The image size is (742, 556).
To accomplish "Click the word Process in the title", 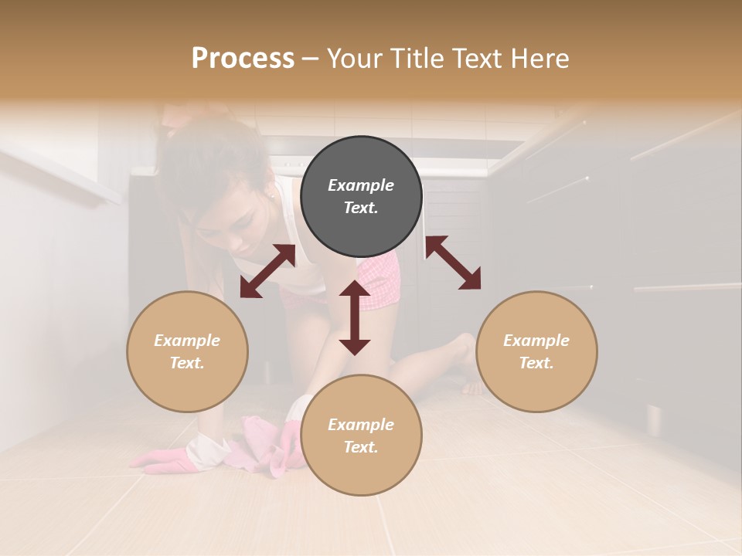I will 243,59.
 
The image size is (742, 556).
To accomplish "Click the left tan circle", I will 187,351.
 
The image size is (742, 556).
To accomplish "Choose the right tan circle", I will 536,351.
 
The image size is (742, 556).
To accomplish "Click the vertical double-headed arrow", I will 355,317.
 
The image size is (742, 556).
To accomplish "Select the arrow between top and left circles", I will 267,271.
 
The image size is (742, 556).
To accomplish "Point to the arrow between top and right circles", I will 453,263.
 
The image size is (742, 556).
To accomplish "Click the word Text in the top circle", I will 360,208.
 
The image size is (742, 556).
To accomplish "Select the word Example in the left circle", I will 187,341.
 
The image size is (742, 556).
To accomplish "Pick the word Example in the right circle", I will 536,341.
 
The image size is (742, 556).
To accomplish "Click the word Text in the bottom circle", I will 360,447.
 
